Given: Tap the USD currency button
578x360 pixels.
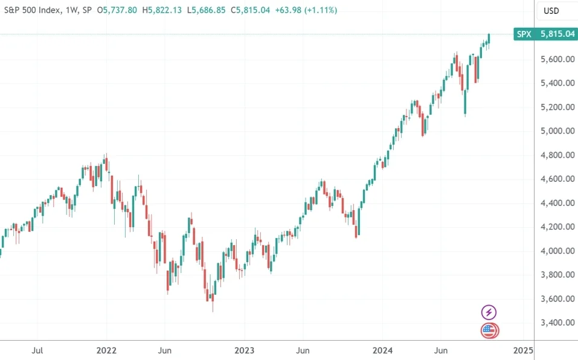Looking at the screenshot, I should coord(551,10).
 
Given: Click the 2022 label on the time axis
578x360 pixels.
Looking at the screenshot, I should coord(106,350).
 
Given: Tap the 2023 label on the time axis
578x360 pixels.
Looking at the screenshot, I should coord(245,350).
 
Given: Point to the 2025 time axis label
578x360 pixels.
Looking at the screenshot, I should coord(522,350).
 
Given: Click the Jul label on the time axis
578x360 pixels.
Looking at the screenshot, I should coord(37,350).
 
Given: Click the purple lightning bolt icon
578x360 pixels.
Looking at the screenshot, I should coord(489,312).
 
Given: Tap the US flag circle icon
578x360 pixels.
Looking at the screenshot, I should coord(489,330).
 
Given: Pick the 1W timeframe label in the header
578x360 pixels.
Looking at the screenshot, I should coord(73,10).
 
